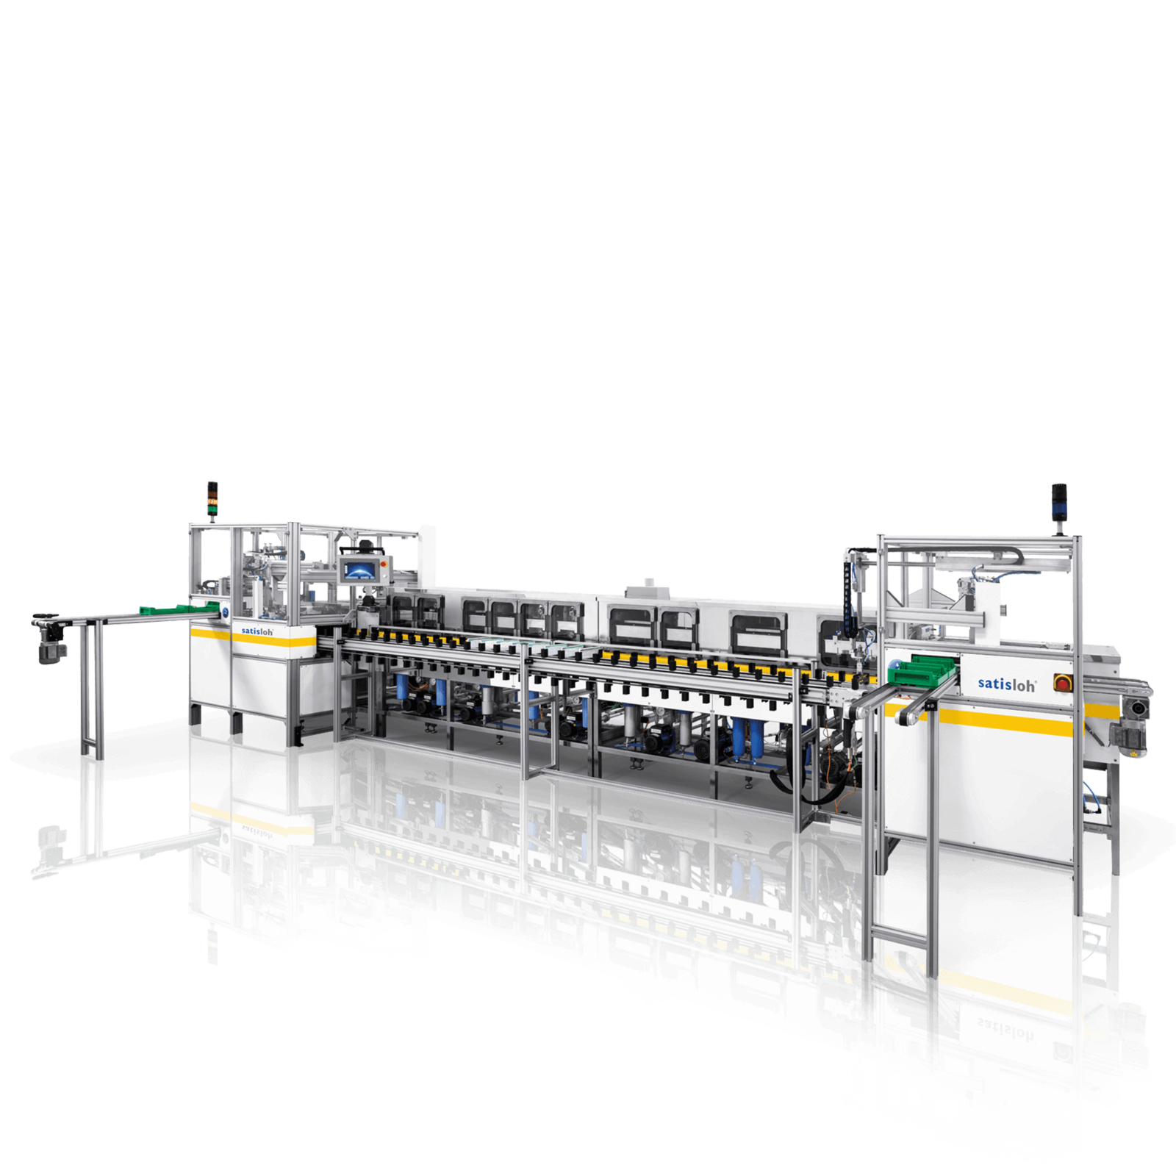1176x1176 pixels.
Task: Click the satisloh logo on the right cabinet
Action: [1006, 684]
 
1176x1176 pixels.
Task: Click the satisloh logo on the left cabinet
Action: [257, 631]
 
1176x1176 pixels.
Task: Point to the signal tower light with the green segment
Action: [212, 499]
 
